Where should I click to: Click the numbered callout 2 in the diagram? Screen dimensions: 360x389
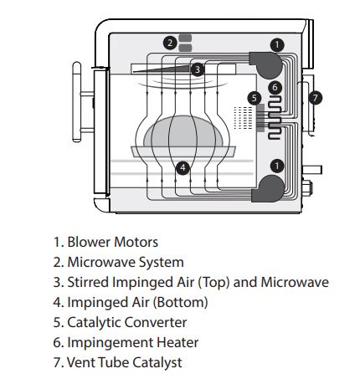[x=170, y=43]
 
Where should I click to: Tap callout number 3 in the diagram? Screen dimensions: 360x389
[x=198, y=69]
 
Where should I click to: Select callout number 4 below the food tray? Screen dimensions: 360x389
[x=183, y=168]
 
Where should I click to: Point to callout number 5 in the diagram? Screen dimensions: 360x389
[x=254, y=98]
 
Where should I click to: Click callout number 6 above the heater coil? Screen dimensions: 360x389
[x=275, y=87]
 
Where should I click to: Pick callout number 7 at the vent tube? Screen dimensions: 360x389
[x=316, y=98]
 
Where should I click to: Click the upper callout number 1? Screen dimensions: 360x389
[x=277, y=45]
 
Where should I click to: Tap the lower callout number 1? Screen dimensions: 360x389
[x=277, y=166]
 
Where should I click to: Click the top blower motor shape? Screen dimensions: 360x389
[x=266, y=64]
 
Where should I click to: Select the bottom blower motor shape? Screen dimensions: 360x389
[x=269, y=189]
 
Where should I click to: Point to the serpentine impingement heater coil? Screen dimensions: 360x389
[x=275, y=118]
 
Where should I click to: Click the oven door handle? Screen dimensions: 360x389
[x=77, y=102]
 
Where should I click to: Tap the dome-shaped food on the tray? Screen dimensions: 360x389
[x=183, y=131]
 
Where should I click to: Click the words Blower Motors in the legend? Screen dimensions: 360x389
[x=113, y=242]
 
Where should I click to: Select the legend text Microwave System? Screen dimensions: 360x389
[x=126, y=263]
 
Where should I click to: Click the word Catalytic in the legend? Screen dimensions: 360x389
[x=95, y=323]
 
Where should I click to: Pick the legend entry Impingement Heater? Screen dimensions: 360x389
[x=133, y=343]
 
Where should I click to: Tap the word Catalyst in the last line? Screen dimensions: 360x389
[x=157, y=363]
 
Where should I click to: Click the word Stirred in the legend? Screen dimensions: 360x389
[x=89, y=282]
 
